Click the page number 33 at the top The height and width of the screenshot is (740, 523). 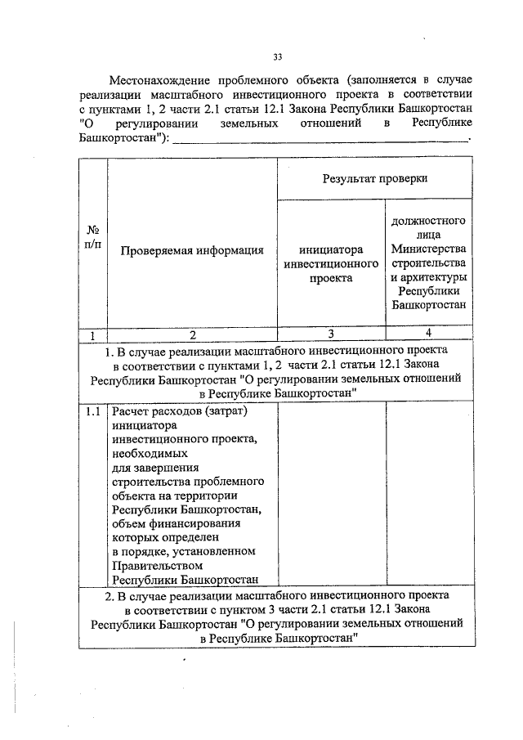click(277, 56)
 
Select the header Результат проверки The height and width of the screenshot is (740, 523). click(374, 177)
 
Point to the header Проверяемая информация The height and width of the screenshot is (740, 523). click(191, 250)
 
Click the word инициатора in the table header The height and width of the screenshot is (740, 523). click(331, 249)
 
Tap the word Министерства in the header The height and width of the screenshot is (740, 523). click(428, 249)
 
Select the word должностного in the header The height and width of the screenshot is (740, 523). click(428, 220)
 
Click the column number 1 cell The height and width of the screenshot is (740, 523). click(92, 334)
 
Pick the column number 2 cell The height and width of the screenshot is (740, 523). click(191, 334)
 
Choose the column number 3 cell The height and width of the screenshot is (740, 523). click(331, 334)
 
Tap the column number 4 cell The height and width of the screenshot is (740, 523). click(428, 334)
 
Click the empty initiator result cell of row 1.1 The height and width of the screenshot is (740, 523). click(331, 495)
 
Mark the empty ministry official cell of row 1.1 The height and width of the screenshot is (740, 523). click(428, 495)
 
